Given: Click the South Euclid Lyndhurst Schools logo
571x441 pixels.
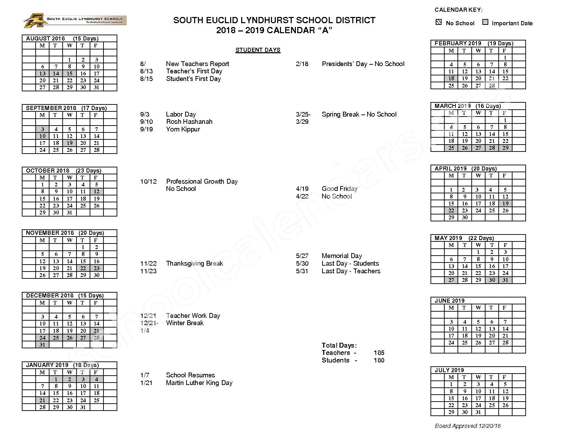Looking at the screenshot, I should tap(74, 20).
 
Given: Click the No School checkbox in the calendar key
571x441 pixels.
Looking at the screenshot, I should tap(439, 22).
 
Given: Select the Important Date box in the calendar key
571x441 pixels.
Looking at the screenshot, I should tap(486, 22).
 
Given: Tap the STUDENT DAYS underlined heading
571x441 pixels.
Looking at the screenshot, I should tap(258, 50).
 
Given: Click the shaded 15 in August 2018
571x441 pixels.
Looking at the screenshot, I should tap(70, 73).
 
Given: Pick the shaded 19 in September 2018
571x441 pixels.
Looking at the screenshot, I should tap(70, 143).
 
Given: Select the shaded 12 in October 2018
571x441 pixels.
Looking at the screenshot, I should tap(97, 191).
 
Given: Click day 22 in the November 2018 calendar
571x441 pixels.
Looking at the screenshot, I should tap(83, 268).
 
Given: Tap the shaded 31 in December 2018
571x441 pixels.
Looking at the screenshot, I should tap(42, 344).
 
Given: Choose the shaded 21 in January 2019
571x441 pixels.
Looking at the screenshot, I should tap(42, 400).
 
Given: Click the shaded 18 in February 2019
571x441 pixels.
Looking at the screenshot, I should tap(451, 78).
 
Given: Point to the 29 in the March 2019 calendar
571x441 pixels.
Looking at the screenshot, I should tap(505, 148).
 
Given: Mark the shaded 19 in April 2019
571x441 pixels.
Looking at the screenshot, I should tap(505, 203).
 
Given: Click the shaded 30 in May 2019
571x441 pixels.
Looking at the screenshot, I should tap(492, 280).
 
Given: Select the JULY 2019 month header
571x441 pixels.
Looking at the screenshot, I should tap(449, 370).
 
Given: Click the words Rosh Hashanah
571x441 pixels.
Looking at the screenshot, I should tap(189, 122).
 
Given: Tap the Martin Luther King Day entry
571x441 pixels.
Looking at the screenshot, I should tap(199, 383).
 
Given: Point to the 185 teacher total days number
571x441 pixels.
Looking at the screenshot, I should tap(379, 353).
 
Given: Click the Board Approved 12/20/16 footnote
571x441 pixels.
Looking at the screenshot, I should tap(468, 426).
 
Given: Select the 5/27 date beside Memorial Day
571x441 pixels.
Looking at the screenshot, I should tap(302, 256).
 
